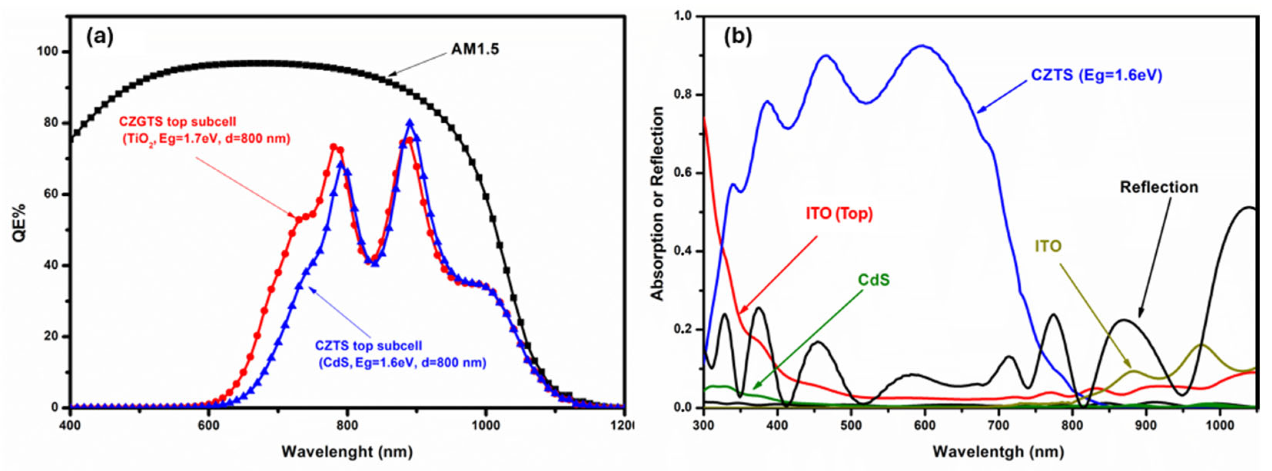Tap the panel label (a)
click(100, 37)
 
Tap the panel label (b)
click(738, 37)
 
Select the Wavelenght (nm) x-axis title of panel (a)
click(347, 451)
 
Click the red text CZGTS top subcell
click(177, 121)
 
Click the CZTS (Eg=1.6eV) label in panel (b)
click(1096, 75)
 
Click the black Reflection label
click(1159, 187)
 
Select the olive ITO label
click(1048, 246)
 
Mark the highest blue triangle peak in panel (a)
click(409, 122)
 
